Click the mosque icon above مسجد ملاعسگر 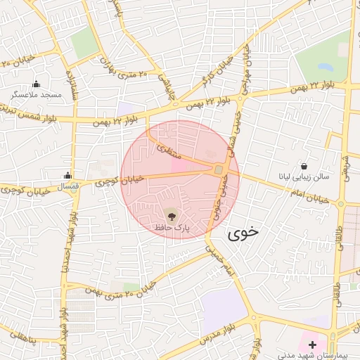(36, 84)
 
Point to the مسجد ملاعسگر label (37, 94)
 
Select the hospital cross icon (312, 345)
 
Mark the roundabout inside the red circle (219, 169)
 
